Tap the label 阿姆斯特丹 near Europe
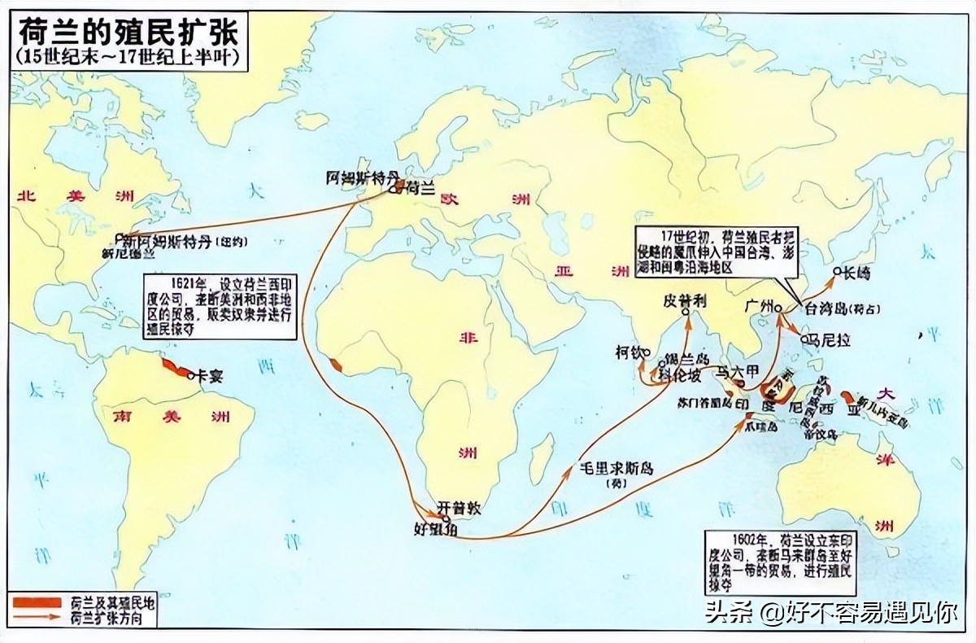point(363,176)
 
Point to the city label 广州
point(756,308)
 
